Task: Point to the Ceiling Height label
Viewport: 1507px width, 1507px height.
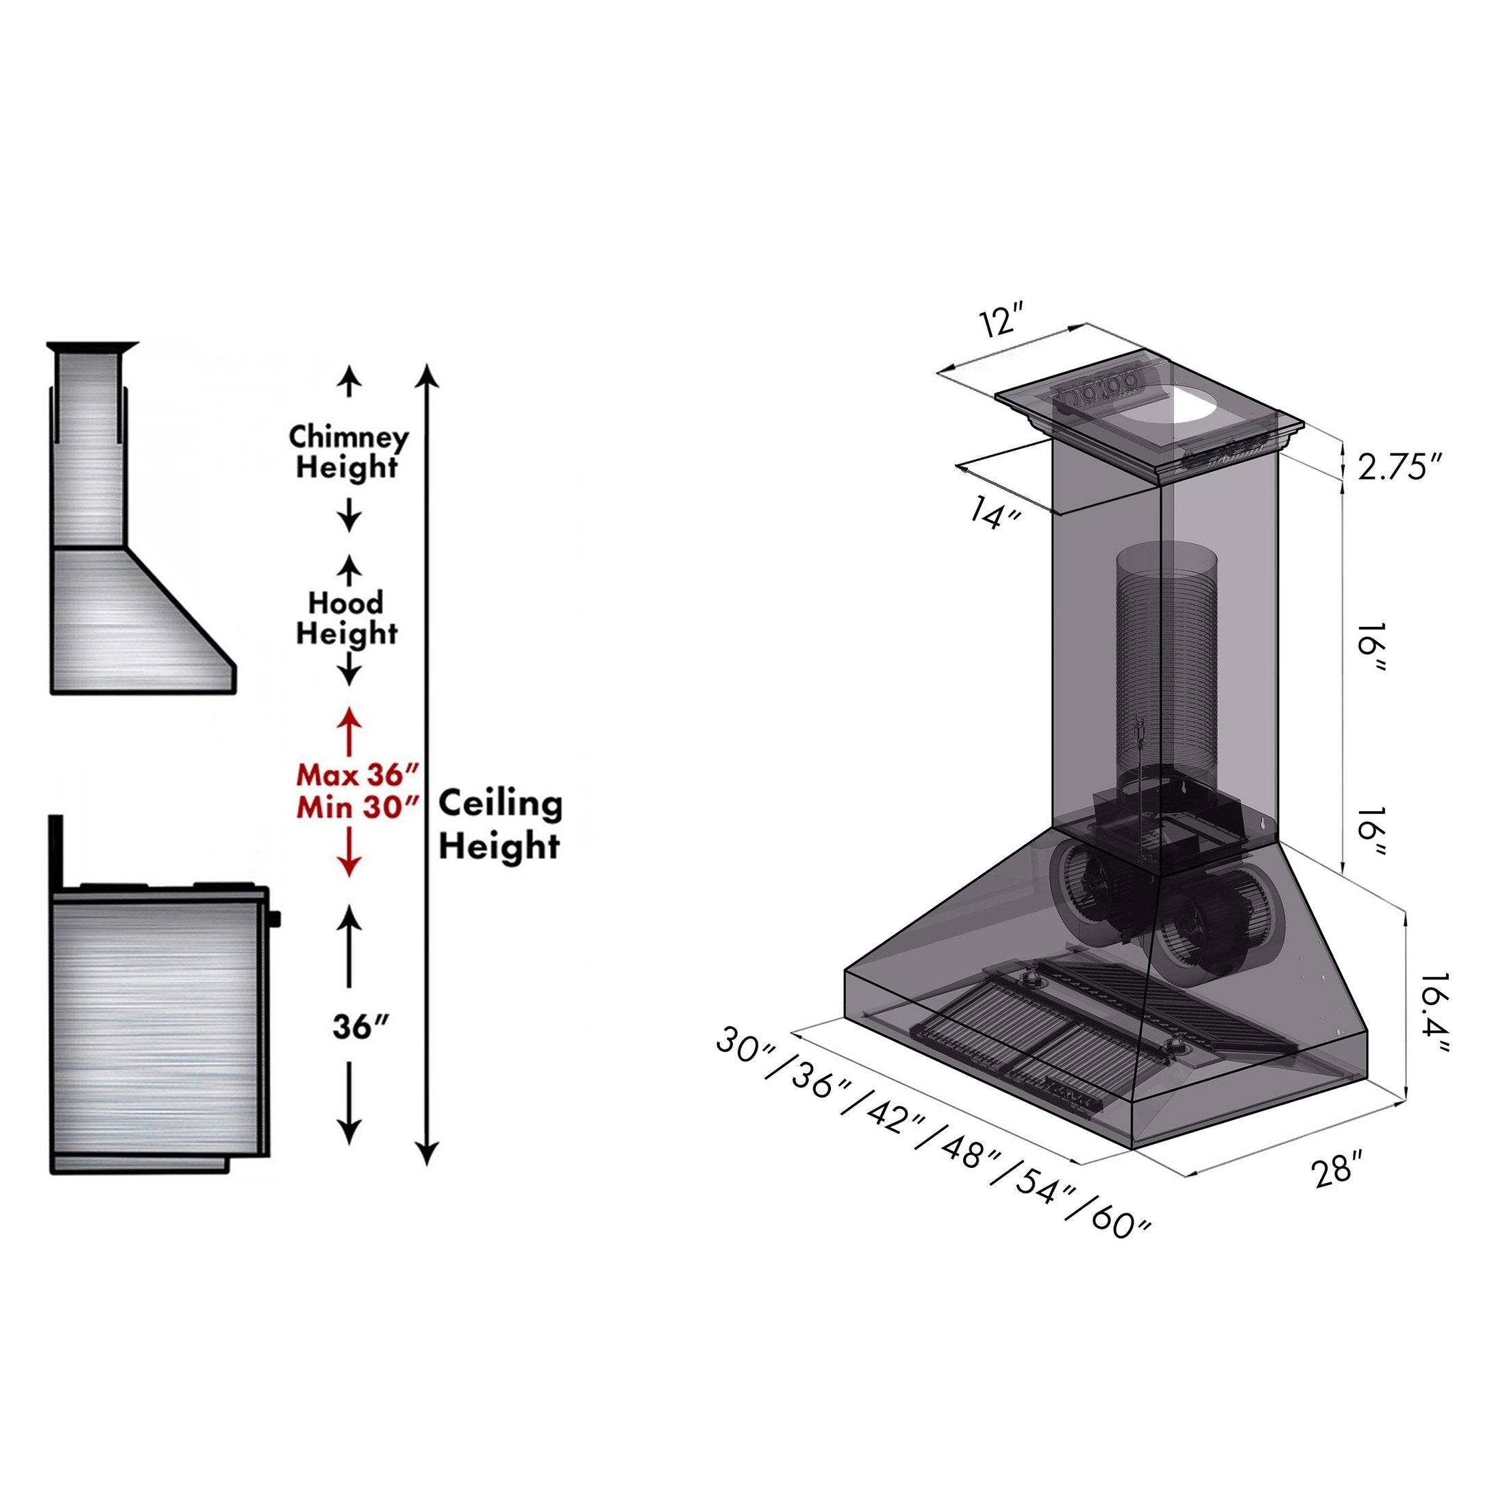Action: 499,825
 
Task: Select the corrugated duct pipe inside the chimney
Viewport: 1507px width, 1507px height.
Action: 1165,656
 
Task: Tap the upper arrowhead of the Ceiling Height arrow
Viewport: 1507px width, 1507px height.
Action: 427,377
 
